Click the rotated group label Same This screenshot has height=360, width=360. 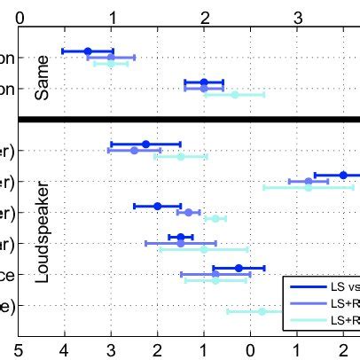pos(41,82)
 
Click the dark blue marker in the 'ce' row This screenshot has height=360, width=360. pos(239,268)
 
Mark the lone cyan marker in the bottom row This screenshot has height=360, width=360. pos(262,311)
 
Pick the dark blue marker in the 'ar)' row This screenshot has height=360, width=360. pos(181,237)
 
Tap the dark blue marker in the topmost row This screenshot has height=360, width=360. pos(88,51)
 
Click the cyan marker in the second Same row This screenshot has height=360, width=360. pos(235,94)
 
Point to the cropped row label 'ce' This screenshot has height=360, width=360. pos(6,275)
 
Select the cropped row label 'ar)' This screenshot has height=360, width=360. pos(6,243)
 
